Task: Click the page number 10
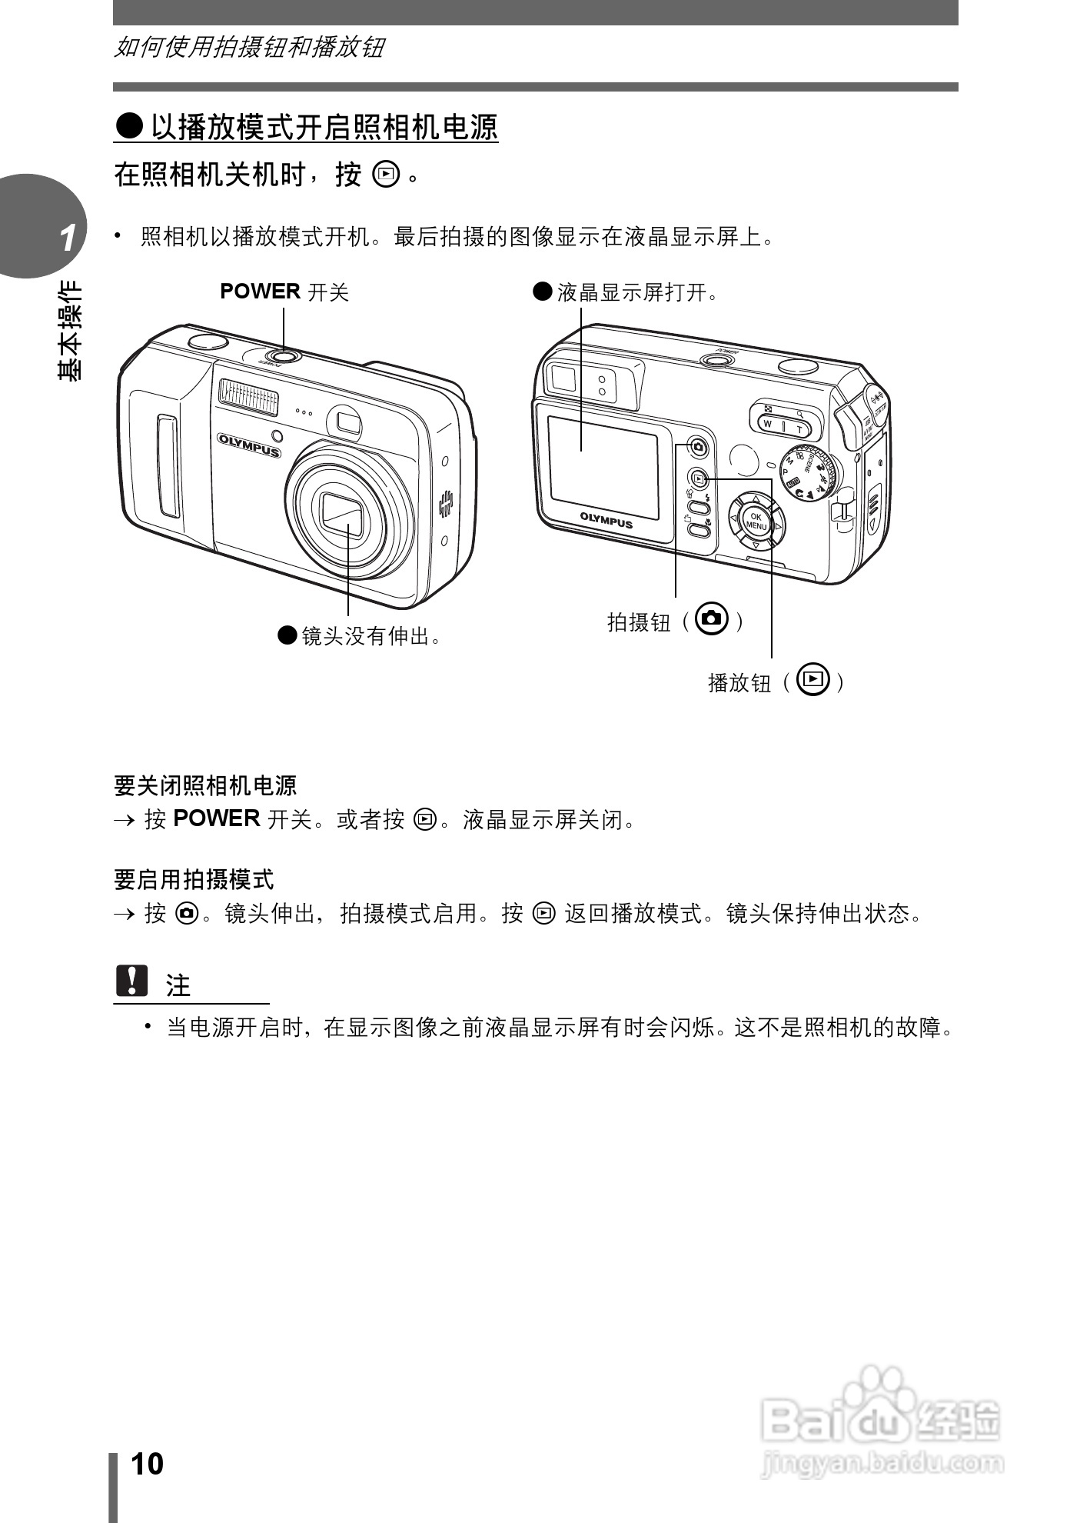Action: pos(148,1464)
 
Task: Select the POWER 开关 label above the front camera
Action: pos(284,292)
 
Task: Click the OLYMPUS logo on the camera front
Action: pos(248,445)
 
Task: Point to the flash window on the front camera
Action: pos(248,395)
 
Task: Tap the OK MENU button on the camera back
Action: pos(756,522)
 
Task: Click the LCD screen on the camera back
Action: pos(603,466)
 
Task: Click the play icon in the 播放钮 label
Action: pos(813,679)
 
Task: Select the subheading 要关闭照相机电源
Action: pos(205,785)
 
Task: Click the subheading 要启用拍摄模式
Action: pos(194,879)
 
